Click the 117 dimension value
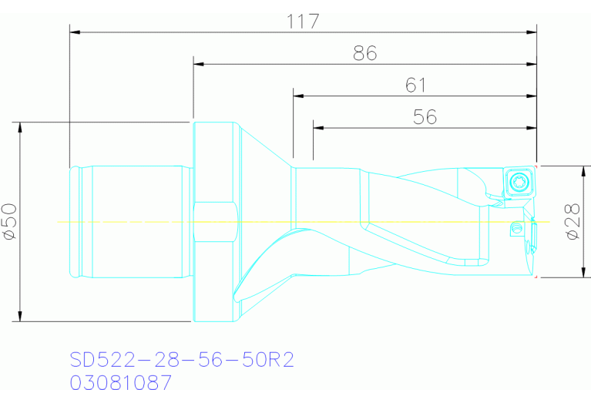coord(303,22)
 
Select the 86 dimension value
coord(365,53)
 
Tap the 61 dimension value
coord(416,86)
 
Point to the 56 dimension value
coord(425,117)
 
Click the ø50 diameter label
coord(10,222)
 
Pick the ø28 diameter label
coord(573,222)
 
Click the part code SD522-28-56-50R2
coord(182,360)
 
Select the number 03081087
coord(121,382)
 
